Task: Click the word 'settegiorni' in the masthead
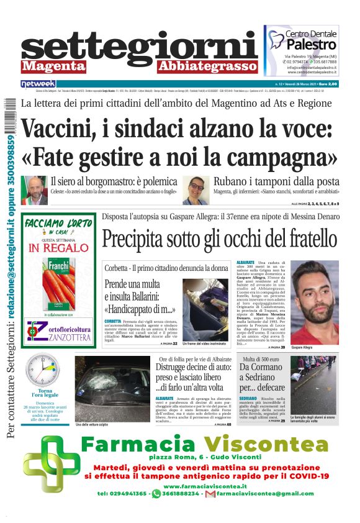pos(140,45)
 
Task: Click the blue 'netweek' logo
pos(38,83)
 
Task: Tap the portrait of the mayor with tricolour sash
pos(35,190)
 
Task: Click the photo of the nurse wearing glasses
pos(196,190)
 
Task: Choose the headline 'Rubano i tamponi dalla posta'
pos(276,182)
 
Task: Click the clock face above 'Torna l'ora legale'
pos(43,370)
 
